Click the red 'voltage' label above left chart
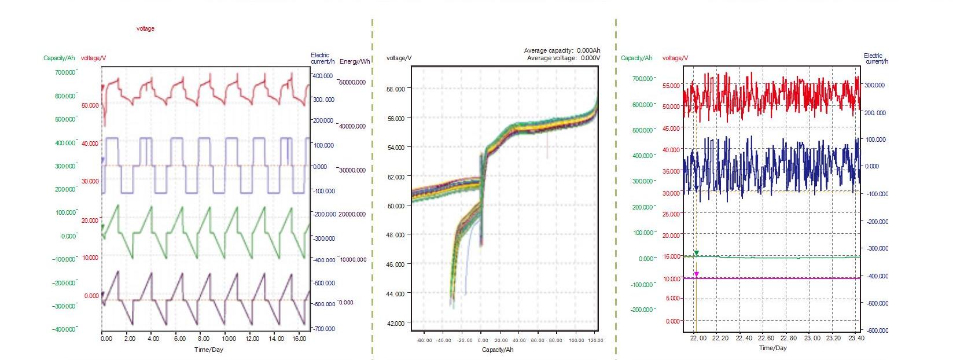pyautogui.click(x=145, y=28)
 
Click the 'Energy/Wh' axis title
pyautogui.click(x=355, y=61)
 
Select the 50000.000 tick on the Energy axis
pyautogui.click(x=352, y=82)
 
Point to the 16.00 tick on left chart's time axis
pyautogui.click(x=299, y=339)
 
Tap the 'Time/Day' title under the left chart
pyautogui.click(x=208, y=349)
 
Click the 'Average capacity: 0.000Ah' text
pyautogui.click(x=562, y=50)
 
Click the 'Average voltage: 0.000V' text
pyautogui.click(x=563, y=58)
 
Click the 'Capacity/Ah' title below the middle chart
pyautogui.click(x=498, y=350)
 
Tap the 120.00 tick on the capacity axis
pyautogui.click(x=595, y=340)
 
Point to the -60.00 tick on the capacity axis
pyautogui.click(x=425, y=340)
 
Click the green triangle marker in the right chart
pyautogui.click(x=696, y=253)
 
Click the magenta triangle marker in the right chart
pyautogui.click(x=696, y=274)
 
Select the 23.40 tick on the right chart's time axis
pyautogui.click(x=856, y=338)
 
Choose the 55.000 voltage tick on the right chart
pyautogui.click(x=671, y=86)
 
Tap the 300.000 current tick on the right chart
pyautogui.click(x=874, y=85)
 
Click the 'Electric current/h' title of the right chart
pyautogui.click(x=875, y=58)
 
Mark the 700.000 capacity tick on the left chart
pyautogui.click(x=65, y=73)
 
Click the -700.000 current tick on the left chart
pyautogui.click(x=324, y=329)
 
